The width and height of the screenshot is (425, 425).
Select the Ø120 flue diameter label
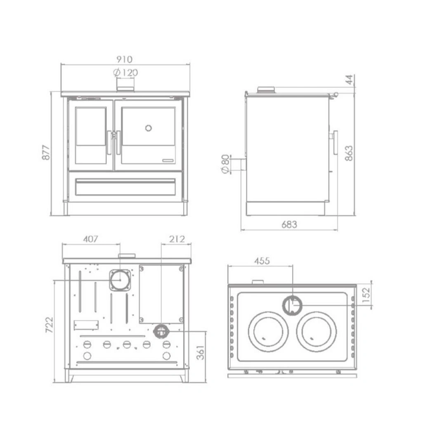(x=125, y=73)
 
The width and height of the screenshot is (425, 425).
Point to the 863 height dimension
(x=349, y=153)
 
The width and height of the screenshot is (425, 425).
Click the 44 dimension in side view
(x=349, y=80)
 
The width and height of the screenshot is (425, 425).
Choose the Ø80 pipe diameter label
(x=226, y=164)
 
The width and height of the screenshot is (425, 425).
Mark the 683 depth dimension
(x=289, y=224)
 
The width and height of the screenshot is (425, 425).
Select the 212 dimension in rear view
(x=177, y=239)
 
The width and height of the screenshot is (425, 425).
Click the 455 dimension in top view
(x=262, y=261)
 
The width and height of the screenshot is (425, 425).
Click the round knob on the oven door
(x=149, y=128)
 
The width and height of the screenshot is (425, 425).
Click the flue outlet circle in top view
(x=292, y=305)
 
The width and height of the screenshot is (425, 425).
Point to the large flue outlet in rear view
(x=120, y=280)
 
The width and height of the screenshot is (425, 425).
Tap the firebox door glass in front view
(x=91, y=126)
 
